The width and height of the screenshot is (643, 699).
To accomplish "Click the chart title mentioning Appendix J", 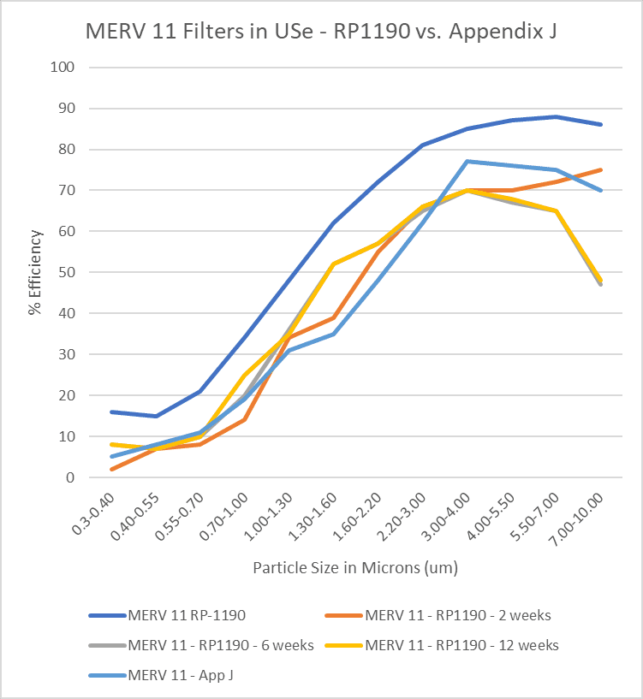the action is tap(321, 31).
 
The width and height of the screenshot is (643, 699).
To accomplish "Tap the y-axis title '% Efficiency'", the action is tap(35, 272).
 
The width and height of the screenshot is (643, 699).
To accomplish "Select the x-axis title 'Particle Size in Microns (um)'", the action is tap(355, 568).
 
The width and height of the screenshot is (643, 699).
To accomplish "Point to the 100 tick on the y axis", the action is tap(62, 67).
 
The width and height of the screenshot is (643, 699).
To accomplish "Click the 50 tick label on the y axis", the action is tap(66, 272).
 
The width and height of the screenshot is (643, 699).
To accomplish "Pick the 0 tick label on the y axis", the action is tap(70, 477).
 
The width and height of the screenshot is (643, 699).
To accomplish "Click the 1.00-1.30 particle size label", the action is tap(269, 517).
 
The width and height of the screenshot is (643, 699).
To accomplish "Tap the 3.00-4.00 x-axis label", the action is tap(447, 517).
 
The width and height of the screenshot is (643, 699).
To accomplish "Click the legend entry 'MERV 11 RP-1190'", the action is tap(167, 615).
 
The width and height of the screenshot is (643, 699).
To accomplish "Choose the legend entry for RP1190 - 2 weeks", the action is tap(438, 615).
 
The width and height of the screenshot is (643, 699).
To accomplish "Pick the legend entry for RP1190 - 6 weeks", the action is tap(201, 645).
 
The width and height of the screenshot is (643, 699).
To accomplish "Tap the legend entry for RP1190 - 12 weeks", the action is tap(442, 645).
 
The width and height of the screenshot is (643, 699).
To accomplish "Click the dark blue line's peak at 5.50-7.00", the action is tap(556, 117).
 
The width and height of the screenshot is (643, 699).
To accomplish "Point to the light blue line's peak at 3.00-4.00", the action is tap(467, 162).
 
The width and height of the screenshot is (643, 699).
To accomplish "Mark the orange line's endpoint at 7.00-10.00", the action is tap(600, 170).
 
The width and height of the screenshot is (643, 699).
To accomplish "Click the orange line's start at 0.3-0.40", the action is tap(111, 469).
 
